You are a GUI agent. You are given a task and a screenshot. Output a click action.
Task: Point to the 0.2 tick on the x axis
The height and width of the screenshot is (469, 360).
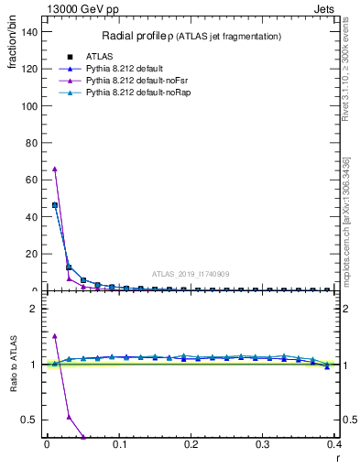[191, 444]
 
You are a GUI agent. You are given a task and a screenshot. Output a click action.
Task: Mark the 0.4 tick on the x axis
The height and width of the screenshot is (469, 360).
[335, 444]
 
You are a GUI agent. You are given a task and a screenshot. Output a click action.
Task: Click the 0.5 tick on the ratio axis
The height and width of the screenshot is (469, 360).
[28, 420]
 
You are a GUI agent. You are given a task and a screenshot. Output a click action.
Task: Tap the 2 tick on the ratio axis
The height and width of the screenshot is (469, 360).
[33, 309]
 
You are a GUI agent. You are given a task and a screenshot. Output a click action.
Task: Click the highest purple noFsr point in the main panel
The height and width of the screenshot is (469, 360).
[55, 169]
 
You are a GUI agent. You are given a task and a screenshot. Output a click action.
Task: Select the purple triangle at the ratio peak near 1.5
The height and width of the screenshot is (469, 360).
[55, 336]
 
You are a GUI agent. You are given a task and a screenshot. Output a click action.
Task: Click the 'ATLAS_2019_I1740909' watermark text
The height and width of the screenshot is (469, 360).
[192, 274]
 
